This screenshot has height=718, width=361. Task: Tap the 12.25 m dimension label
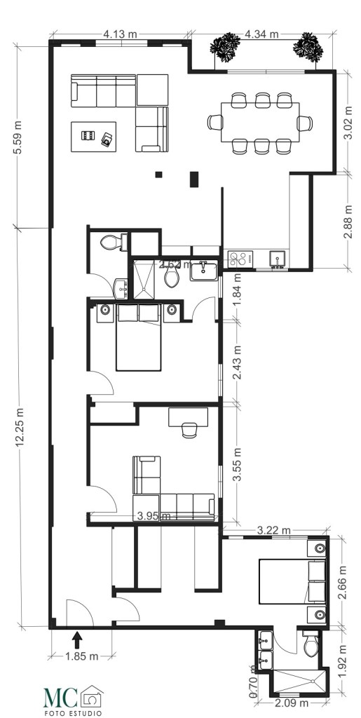(19, 426)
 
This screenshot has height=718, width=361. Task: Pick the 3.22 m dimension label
(274, 531)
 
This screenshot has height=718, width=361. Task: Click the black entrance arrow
(77, 638)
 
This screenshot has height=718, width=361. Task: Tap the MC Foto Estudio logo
(73, 700)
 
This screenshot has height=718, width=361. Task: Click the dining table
(260, 122)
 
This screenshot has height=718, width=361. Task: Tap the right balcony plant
(308, 46)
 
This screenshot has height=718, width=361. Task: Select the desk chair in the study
(189, 430)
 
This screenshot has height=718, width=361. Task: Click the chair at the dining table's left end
(214, 123)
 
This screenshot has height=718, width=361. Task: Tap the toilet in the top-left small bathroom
(111, 243)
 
